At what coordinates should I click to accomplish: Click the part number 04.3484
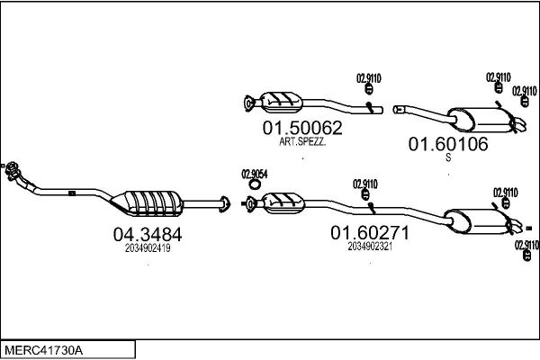pyautogui.click(x=148, y=235)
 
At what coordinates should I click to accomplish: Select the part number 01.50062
pyautogui.click(x=302, y=128)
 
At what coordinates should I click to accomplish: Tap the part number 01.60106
pyautogui.click(x=448, y=144)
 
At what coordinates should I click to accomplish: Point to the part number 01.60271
pyautogui.click(x=370, y=232)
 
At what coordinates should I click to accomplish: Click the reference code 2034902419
pyautogui.click(x=148, y=248)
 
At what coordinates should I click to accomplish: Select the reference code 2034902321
pyautogui.click(x=370, y=247)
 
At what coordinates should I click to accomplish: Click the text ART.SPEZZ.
pyautogui.click(x=302, y=141)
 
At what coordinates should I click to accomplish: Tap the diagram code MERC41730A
pyautogui.click(x=43, y=350)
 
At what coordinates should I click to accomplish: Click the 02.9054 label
pyautogui.click(x=255, y=175)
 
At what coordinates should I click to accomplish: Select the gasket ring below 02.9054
pyautogui.click(x=255, y=185)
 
